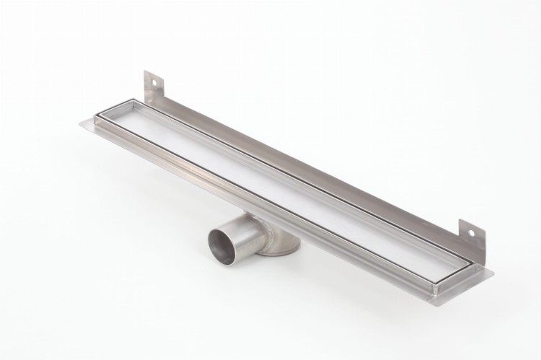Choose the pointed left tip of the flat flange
[x=82, y=123]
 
